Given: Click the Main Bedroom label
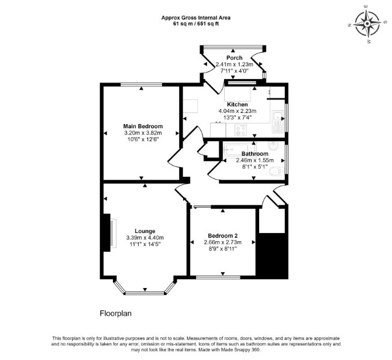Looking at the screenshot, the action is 143,126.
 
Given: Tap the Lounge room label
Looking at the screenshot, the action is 145,231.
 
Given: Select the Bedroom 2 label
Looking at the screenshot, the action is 223,236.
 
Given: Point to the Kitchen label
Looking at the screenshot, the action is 238,105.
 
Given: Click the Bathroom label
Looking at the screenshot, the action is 255,153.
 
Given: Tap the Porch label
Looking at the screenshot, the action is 234,58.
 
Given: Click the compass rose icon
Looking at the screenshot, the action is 367,24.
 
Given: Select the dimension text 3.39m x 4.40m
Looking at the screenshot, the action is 145,238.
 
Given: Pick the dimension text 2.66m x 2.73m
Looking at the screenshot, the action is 223,242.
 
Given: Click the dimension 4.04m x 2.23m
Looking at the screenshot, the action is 238,111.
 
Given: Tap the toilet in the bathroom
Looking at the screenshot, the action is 277,172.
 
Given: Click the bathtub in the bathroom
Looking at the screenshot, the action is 236,150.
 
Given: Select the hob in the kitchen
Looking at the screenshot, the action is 240,130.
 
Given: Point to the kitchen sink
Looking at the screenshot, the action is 278,121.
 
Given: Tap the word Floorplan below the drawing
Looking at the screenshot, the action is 115,314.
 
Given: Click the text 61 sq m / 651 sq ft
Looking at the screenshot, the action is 196,24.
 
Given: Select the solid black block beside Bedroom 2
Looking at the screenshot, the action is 273,256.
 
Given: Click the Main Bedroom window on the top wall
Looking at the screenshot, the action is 141,84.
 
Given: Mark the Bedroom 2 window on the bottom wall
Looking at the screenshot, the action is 218,277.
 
